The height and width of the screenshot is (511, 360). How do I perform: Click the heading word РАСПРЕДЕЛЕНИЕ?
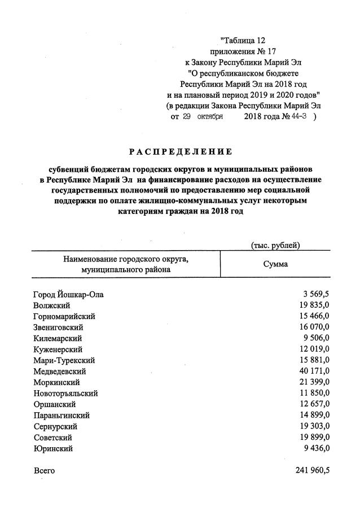pos(180,152)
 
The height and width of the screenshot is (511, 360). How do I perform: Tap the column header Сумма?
pos(275,264)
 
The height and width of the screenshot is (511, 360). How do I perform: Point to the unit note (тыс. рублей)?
pos(275,244)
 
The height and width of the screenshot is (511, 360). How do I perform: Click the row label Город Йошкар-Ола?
pos(68,295)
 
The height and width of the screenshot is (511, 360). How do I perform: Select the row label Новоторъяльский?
pos(66,394)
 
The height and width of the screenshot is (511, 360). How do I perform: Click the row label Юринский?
pos(53,449)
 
